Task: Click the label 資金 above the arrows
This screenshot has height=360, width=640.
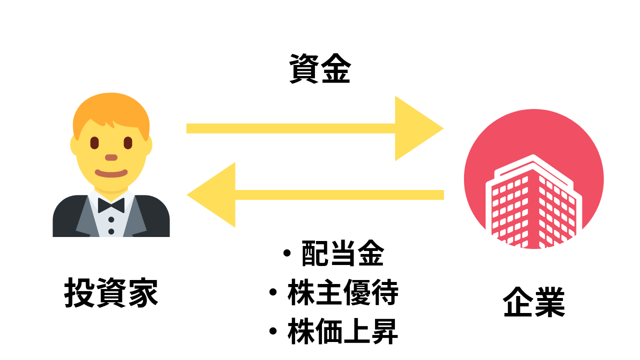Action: [x=320, y=68]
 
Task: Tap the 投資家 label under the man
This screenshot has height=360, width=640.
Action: [x=111, y=292]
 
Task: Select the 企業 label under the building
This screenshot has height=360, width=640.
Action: [x=534, y=302]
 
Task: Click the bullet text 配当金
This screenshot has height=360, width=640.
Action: [x=343, y=253]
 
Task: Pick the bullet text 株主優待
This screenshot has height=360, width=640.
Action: [x=343, y=292]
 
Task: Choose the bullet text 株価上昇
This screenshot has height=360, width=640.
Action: [x=343, y=331]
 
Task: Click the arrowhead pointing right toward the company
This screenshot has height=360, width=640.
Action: [x=419, y=128]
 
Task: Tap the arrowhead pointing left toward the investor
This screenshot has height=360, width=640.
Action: [x=211, y=195]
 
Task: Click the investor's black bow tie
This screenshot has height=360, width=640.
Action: [x=111, y=205]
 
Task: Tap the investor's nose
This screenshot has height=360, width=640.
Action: [x=111, y=157]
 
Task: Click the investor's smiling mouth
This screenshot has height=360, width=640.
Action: [x=111, y=173]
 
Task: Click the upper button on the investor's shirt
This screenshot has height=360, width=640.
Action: [x=111, y=219]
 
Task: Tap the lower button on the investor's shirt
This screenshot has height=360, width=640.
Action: [x=111, y=231]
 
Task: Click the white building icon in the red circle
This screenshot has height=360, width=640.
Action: [x=533, y=203]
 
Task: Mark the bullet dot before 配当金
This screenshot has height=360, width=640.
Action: [x=287, y=253]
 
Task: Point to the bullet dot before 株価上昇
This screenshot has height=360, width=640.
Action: [x=273, y=331]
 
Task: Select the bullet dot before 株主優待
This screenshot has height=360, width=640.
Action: [x=273, y=292]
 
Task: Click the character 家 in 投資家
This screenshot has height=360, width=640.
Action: [x=143, y=292]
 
